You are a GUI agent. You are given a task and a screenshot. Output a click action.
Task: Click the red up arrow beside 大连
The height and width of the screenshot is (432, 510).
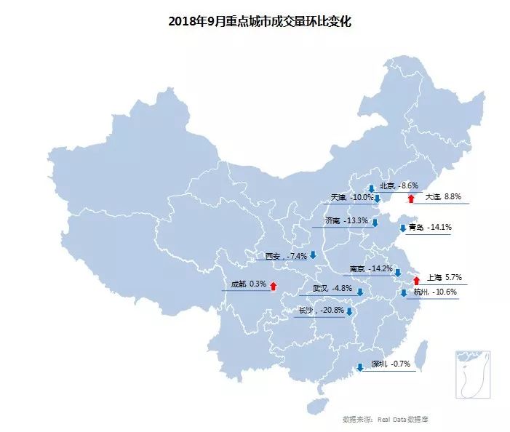coord(411,198)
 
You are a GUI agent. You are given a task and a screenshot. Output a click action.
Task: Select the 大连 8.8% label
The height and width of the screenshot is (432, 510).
coord(443,197)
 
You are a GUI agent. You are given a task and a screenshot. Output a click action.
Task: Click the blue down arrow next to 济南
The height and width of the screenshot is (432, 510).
coord(375,223)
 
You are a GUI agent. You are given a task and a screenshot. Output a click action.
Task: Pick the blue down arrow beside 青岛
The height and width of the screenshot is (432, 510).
coord(403,228)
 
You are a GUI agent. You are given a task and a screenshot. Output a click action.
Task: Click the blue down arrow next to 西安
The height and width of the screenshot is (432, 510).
coord(313,255)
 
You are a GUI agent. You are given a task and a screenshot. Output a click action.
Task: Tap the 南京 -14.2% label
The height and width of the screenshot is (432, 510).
coord(371,269)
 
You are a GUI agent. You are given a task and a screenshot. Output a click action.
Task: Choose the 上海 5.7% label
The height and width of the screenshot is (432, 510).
coord(443,278)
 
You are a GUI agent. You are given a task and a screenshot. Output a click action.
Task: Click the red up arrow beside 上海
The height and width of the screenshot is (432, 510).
coord(416,280)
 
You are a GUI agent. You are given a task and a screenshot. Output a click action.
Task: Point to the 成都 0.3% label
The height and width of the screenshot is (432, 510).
coord(248,284)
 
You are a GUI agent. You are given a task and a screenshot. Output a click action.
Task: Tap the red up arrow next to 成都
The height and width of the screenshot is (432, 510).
coord(273,286)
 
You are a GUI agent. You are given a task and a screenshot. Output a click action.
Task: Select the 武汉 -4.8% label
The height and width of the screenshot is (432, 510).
coord(332,289)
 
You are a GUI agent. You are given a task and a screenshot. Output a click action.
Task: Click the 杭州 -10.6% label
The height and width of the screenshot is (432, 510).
coord(434,292)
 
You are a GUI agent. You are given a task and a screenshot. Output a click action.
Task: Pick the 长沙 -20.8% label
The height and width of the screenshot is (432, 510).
coord(321,311)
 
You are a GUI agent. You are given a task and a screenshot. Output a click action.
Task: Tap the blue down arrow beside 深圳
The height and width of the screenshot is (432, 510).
coord(359,367)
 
